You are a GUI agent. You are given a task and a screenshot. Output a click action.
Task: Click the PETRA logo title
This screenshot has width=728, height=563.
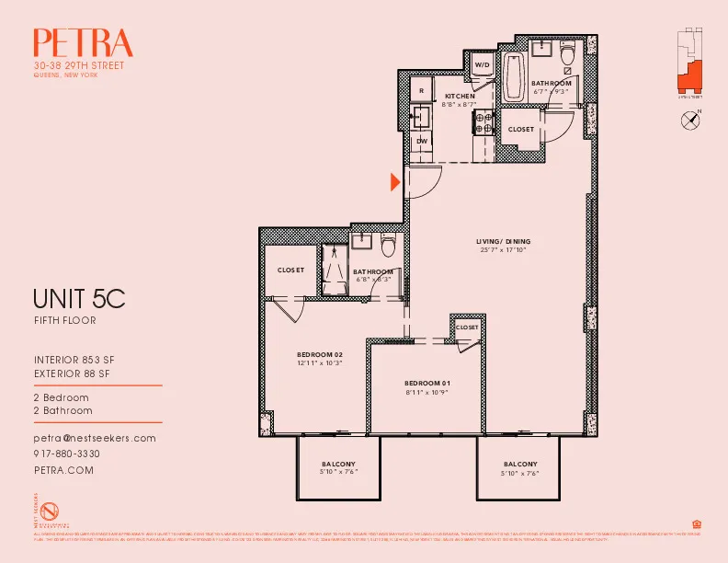[x=83, y=43]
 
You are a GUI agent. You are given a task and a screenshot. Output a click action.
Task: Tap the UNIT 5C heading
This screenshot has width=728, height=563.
[x=78, y=299]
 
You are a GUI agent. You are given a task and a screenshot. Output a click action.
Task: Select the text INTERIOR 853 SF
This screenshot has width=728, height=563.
[x=74, y=359]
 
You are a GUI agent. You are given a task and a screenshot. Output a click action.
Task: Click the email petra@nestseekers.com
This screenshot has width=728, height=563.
[x=94, y=439]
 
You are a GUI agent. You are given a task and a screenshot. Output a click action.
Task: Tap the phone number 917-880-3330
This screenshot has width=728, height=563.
[x=66, y=454]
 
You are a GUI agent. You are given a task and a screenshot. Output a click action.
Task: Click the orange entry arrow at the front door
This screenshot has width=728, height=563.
[x=395, y=182]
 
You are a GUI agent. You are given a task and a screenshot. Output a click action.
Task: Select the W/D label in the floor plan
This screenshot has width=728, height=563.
[x=482, y=64]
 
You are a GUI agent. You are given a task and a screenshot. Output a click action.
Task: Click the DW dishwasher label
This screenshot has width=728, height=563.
[x=422, y=140]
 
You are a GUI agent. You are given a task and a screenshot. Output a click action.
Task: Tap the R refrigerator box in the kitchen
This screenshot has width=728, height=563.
[x=421, y=90]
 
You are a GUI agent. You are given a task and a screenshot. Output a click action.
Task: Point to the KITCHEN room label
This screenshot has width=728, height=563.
[x=460, y=97]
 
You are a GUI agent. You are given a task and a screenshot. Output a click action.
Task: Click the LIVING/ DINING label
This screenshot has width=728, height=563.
[x=505, y=242]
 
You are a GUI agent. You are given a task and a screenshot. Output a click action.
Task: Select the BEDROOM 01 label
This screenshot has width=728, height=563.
[x=427, y=382]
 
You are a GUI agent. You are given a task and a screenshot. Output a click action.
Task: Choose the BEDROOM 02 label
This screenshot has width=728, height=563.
[x=319, y=354]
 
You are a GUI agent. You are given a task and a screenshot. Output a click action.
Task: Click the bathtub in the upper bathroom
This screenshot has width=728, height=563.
[x=513, y=78]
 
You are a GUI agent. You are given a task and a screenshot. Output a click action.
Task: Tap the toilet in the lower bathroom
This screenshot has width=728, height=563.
[x=388, y=246]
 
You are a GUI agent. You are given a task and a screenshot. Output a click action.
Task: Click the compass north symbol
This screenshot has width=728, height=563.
[x=690, y=119]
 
